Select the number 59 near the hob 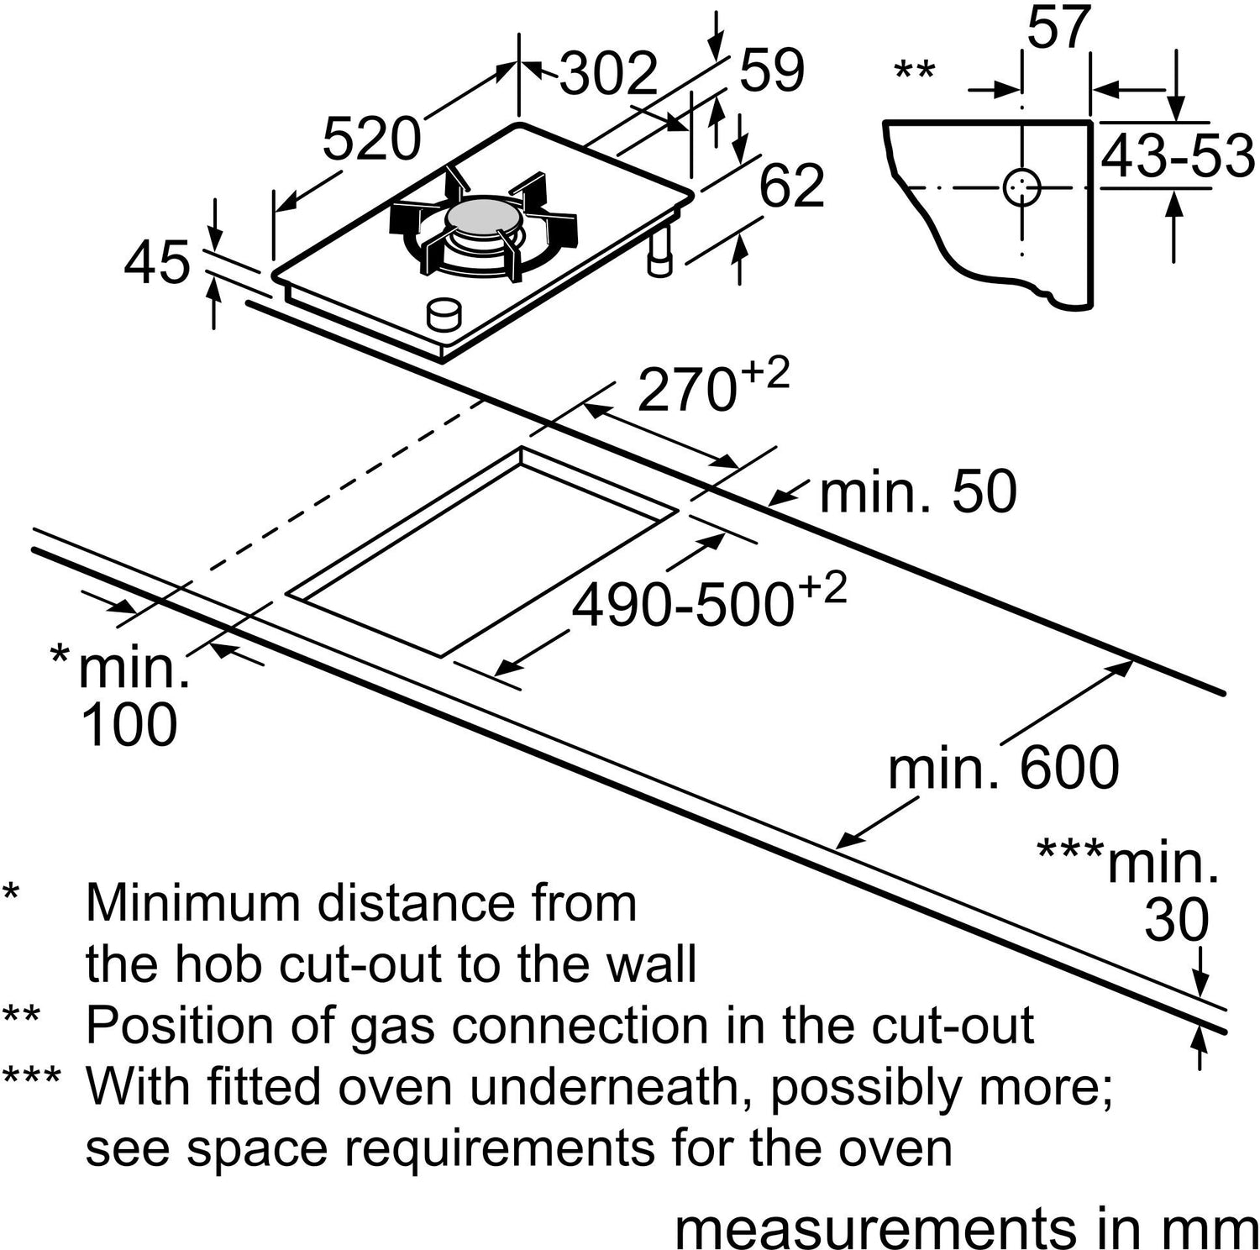point(771,71)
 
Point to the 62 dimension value point(791,186)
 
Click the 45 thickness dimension point(157,262)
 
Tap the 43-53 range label point(1177,155)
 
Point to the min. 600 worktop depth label point(1003,767)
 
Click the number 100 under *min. point(129,724)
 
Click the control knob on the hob point(444,314)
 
